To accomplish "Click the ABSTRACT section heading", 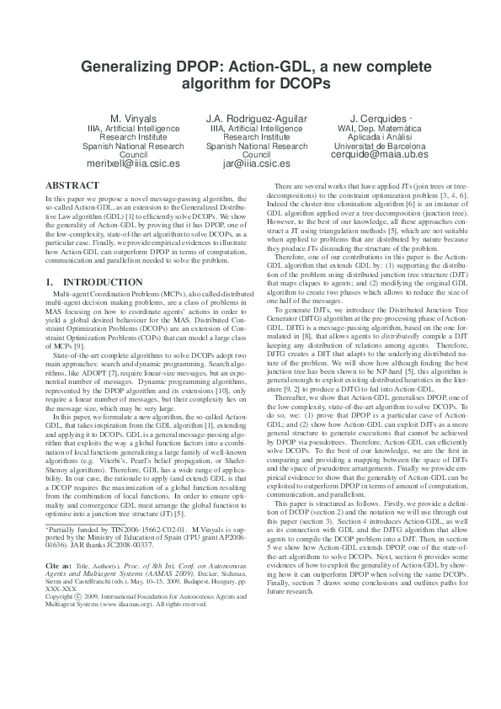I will pyautogui.click(x=74, y=184).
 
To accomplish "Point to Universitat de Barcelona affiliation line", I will pyautogui.click(x=368, y=145).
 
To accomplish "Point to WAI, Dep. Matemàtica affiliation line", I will pyautogui.click(x=368, y=127).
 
